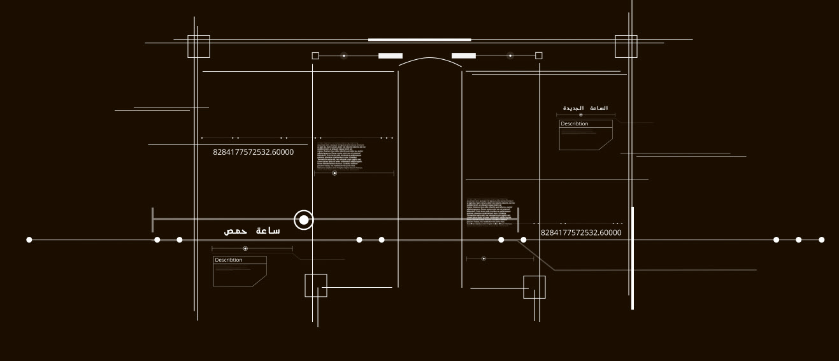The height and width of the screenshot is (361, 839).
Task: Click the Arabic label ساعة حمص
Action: pyautogui.click(x=252, y=230)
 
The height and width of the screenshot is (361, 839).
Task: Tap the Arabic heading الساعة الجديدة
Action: pyautogui.click(x=585, y=108)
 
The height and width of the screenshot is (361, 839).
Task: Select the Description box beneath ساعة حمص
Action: pyautogui.click(x=240, y=271)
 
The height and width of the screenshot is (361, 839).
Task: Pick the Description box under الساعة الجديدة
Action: pyautogui.click(x=585, y=135)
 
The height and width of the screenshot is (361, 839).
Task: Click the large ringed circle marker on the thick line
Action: pyautogui.click(x=304, y=220)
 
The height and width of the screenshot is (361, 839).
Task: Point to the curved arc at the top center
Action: pyautogui.click(x=430, y=60)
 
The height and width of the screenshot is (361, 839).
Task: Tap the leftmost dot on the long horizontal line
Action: pyautogui.click(x=29, y=240)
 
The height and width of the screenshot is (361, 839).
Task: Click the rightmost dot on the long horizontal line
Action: pyautogui.click(x=821, y=240)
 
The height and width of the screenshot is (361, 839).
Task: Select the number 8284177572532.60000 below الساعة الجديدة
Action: pyautogui.click(x=581, y=233)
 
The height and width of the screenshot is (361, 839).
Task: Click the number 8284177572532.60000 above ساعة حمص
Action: pyautogui.click(x=254, y=152)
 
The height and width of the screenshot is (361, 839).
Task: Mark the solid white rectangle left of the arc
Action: pyautogui.click(x=391, y=56)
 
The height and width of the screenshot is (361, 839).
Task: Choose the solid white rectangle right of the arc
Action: pyautogui.click(x=464, y=56)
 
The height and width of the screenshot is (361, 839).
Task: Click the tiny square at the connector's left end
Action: pyautogui.click(x=315, y=56)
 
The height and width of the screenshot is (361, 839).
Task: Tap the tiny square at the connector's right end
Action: pyautogui.click(x=539, y=56)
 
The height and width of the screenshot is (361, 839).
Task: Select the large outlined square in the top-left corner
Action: pyautogui.click(x=199, y=46)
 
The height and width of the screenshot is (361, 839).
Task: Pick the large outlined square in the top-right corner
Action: pyautogui.click(x=626, y=46)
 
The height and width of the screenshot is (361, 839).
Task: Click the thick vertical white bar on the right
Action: pyautogui.click(x=633, y=258)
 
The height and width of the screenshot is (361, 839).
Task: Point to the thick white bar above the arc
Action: pyautogui.click(x=419, y=39)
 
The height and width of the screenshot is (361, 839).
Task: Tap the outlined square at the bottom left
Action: pyautogui.click(x=316, y=285)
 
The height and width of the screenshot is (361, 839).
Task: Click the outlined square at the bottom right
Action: pyautogui.click(x=534, y=287)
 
